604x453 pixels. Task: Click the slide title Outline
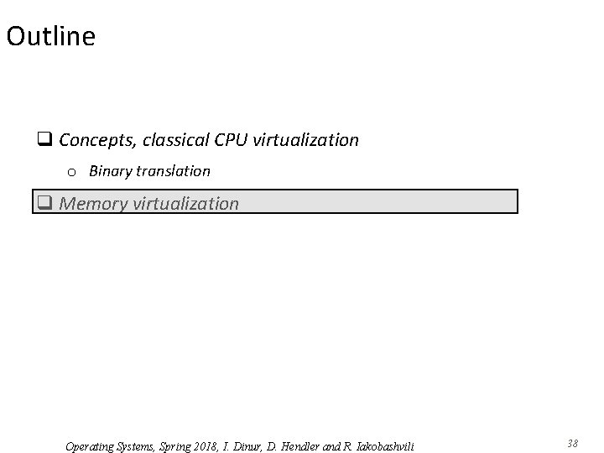point(50,36)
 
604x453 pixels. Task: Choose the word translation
point(172,171)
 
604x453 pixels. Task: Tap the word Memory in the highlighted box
point(94,203)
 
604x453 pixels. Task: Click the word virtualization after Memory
point(185,203)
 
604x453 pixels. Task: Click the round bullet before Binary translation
point(72,172)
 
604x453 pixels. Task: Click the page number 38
point(573,443)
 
